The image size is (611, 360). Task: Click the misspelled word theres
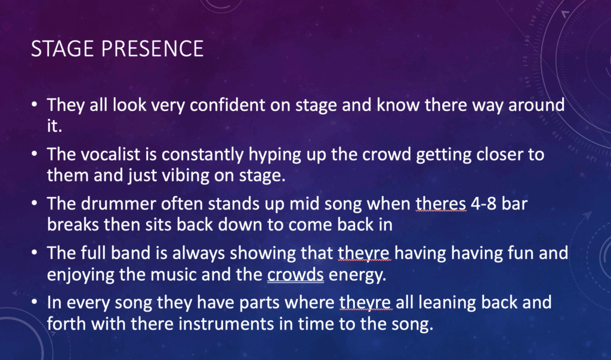[x=441, y=204]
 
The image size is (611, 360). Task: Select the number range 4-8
[x=483, y=204]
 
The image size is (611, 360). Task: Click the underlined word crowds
[x=295, y=275]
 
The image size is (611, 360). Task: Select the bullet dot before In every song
[x=35, y=303]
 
